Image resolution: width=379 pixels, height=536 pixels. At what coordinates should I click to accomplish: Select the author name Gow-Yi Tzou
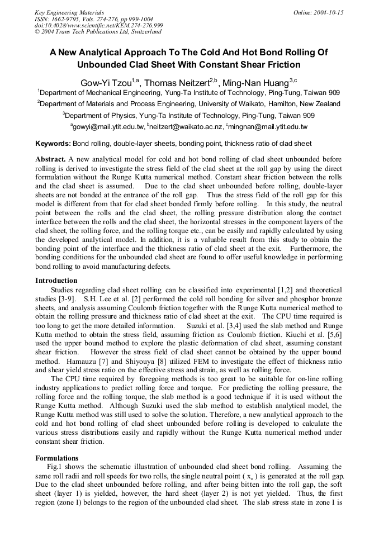coord(106,83)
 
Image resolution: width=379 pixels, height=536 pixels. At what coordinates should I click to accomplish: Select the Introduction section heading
coord(56,281)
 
